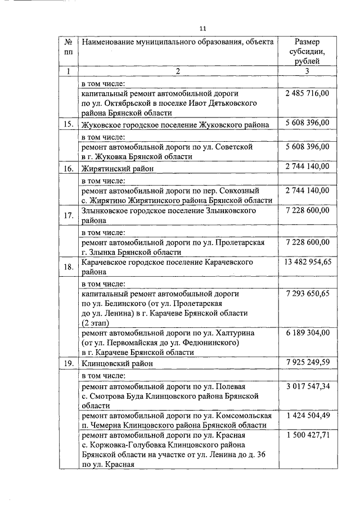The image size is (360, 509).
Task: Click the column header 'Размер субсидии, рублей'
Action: (x=307, y=51)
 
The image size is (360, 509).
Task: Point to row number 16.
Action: (x=68, y=168)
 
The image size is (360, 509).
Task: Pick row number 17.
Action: (x=68, y=215)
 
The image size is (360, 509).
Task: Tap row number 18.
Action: (x=68, y=267)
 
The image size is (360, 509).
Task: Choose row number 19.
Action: (x=68, y=363)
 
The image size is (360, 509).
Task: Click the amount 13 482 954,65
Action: (x=307, y=263)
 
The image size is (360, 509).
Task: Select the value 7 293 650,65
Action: (x=307, y=294)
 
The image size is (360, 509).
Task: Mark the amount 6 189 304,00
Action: (x=307, y=333)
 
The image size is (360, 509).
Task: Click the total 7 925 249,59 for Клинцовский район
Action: (x=307, y=363)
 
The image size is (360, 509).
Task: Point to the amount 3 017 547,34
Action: (x=307, y=387)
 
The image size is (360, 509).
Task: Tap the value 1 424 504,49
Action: (x=307, y=416)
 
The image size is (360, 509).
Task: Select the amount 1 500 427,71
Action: (x=307, y=435)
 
